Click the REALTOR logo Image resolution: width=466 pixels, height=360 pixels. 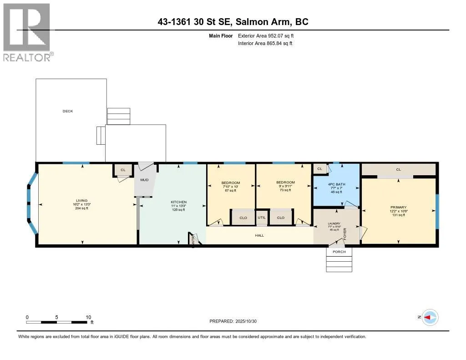click(27, 32)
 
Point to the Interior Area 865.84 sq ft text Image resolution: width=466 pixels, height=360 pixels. click(265, 43)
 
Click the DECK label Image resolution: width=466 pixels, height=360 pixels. click(68, 111)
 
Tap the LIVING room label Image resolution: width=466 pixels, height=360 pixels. click(81, 200)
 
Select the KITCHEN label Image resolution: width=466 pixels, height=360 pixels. click(178, 202)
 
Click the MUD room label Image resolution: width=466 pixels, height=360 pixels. click(144, 180)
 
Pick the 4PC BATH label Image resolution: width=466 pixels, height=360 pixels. click(336, 184)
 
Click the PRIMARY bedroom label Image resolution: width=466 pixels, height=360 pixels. click(398, 207)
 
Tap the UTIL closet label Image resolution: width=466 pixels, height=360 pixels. click(262, 218)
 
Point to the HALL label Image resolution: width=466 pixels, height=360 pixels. click(259, 235)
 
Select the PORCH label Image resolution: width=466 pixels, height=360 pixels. click(339, 252)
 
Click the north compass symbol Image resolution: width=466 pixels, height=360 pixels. click(430, 317)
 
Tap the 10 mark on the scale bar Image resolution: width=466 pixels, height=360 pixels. click(88, 317)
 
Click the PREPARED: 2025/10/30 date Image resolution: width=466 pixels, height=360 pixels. click(236, 321)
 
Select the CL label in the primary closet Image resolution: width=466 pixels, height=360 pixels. click(398, 169)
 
